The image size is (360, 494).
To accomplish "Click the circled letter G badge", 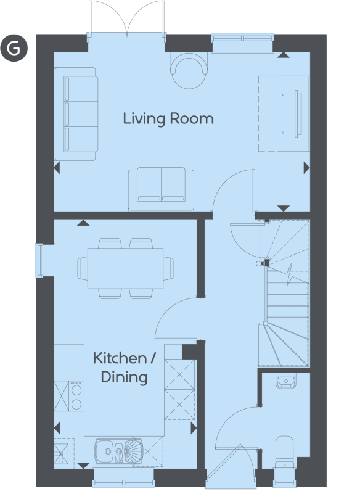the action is (14, 48).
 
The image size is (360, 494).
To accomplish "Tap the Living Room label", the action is (168, 119).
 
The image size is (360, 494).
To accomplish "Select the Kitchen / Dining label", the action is (125, 368).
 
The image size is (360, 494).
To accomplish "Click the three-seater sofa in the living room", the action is (76, 114).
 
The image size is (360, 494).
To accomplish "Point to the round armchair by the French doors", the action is (189, 68).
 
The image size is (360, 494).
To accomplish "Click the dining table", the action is (125, 268).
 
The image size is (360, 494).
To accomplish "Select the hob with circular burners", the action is (77, 396).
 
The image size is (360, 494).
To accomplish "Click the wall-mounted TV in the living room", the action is (298, 113).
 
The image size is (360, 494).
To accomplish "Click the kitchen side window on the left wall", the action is (40, 260).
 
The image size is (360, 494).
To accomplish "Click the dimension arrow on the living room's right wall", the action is (306, 168).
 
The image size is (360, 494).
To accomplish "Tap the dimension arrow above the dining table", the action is (83, 223).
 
